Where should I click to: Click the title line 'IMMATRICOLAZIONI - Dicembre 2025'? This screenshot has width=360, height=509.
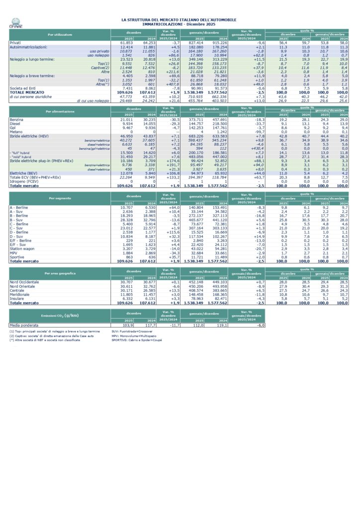click(x=179, y=23)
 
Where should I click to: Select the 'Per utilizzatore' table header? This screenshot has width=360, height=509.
click(x=60, y=34)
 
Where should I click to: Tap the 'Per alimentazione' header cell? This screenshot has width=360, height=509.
click(x=60, y=111)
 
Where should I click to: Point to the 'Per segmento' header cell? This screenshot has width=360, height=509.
click(x=60, y=197)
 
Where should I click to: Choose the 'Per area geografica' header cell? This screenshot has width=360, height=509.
click(x=60, y=274)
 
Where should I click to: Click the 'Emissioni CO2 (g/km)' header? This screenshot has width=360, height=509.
click(x=60, y=315)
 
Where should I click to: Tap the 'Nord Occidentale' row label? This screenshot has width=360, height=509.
click(x=24, y=282)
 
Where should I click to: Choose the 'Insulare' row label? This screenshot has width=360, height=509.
click(x=17, y=298)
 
